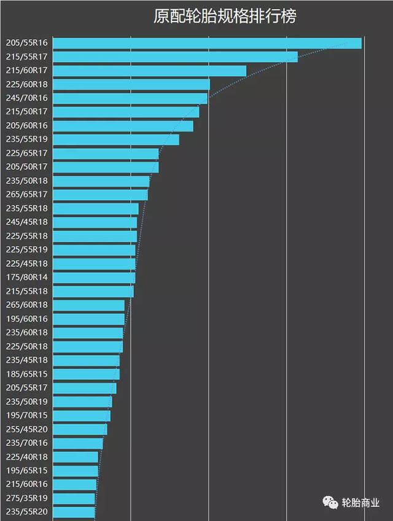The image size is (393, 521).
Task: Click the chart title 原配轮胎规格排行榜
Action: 225,17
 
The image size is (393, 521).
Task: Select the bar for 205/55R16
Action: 207,43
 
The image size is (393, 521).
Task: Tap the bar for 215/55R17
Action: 175,57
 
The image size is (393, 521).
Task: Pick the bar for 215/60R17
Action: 149,71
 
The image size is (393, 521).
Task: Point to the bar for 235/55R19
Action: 116,139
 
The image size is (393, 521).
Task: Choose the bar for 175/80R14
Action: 94,278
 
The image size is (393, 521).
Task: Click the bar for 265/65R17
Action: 100,195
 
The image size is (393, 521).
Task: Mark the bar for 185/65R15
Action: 86,374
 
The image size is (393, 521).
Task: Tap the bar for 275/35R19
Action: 74,498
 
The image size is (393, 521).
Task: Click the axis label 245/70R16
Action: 26,98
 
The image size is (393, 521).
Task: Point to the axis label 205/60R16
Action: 26,126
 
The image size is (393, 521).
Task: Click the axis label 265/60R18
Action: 26,305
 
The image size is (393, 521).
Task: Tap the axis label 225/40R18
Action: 26,457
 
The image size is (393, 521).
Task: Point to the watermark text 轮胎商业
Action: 360,503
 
